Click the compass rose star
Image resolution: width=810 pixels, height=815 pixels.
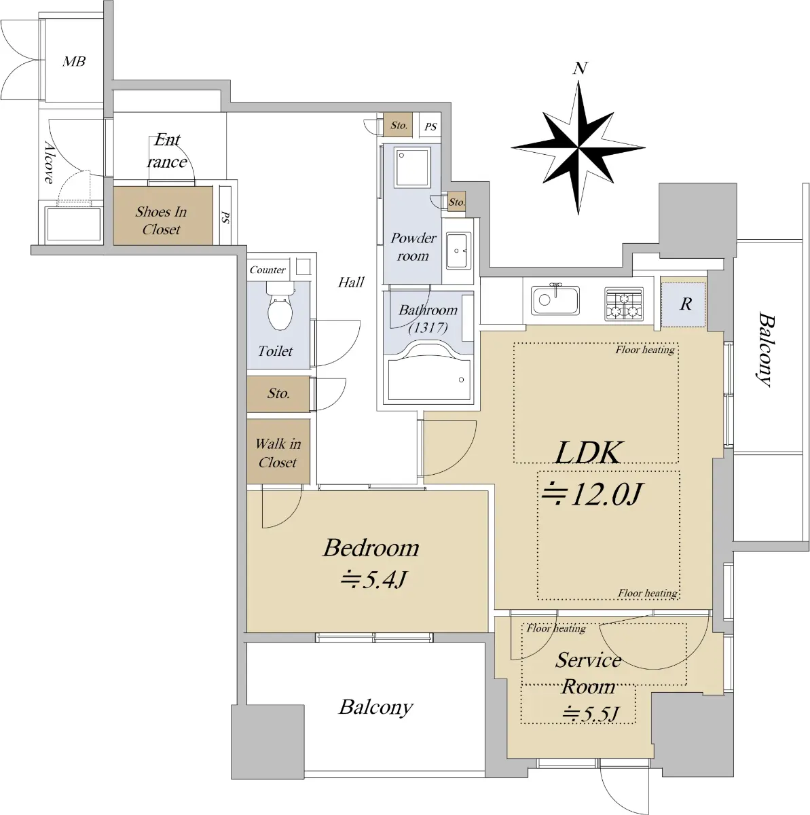pyautogui.click(x=578, y=147)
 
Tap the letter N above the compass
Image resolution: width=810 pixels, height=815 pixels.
pyautogui.click(x=580, y=68)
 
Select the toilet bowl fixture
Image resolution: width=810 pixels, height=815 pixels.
pyautogui.click(x=280, y=306)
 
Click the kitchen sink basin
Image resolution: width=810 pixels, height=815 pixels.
pyautogui.click(x=555, y=300)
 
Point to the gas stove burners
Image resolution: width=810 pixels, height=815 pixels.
pyautogui.click(x=624, y=303)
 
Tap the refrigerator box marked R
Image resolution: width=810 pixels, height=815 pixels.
pyautogui.click(x=682, y=304)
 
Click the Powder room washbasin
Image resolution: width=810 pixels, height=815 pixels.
pyautogui.click(x=458, y=251)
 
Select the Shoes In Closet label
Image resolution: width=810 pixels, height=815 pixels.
pyautogui.click(x=161, y=220)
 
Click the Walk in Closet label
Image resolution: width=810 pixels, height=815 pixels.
pyautogui.click(x=278, y=452)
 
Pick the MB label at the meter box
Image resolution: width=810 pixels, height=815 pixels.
pyautogui.click(x=74, y=62)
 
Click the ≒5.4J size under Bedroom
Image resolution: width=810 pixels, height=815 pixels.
pyautogui.click(x=373, y=579)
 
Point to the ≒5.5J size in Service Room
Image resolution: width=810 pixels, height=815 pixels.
pyautogui.click(x=590, y=714)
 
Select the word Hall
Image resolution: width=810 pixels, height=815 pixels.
pyautogui.click(x=350, y=282)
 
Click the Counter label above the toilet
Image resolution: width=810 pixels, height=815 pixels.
pyautogui.click(x=268, y=270)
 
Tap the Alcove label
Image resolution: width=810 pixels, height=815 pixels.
pyautogui.click(x=49, y=162)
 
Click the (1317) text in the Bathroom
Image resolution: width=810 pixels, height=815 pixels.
pyautogui.click(x=428, y=328)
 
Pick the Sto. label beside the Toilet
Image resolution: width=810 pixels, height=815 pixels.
pyautogui.click(x=278, y=394)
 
